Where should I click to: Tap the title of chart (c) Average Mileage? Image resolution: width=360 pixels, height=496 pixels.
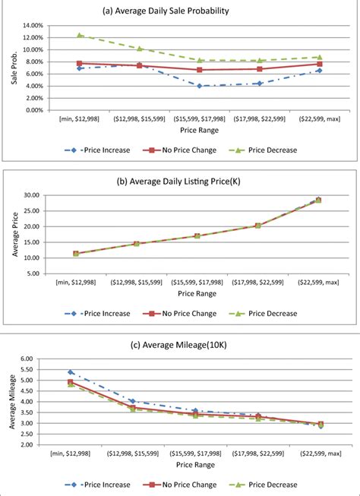click(180, 346)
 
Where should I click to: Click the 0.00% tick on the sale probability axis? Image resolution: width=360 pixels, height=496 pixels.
click(33, 110)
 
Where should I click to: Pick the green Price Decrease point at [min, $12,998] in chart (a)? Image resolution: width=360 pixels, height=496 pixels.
click(79, 35)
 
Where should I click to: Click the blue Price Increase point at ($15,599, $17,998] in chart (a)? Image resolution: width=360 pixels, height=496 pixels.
click(199, 86)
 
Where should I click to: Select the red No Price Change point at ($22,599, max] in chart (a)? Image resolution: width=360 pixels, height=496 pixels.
click(320, 64)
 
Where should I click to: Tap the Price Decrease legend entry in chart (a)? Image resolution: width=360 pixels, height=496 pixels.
click(267, 150)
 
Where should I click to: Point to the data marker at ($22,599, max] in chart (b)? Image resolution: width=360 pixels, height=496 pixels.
click(319, 200)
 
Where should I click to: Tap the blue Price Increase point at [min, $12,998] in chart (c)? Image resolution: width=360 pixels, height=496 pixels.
click(71, 372)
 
